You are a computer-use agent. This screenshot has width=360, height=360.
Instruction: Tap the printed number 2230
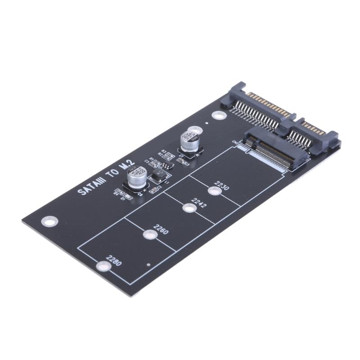pos(222,185)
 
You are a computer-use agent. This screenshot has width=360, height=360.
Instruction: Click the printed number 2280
pos(114,261)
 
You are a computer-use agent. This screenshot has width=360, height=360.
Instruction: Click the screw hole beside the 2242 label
pos(189,207)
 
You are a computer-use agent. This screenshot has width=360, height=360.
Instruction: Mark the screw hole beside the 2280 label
pos(103,266)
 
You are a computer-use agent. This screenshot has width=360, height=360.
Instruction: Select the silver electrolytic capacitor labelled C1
pos(189,140)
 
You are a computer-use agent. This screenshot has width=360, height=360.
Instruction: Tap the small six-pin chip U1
pos(166,166)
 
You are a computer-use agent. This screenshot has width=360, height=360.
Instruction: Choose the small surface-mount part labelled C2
pos(154,189)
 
